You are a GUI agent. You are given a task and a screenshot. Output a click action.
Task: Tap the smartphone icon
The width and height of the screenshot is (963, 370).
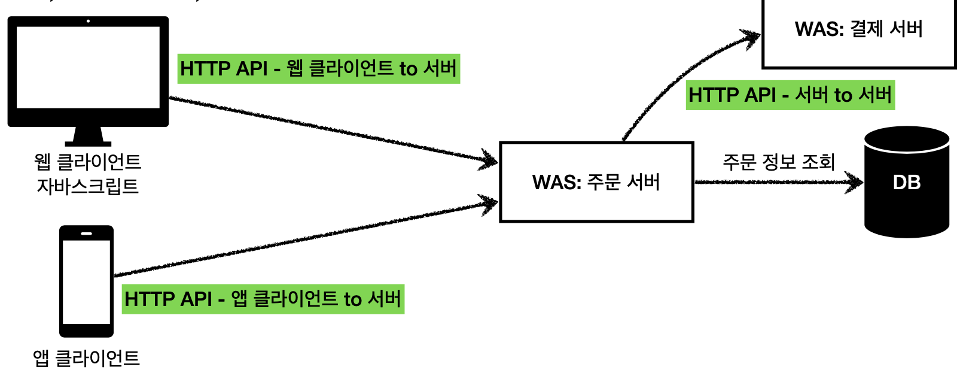tap(86, 281)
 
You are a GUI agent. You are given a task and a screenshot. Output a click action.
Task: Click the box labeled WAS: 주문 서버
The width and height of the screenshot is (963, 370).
tap(596, 182)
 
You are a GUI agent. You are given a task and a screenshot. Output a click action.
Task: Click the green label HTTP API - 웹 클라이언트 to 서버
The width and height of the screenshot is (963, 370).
tap(319, 68)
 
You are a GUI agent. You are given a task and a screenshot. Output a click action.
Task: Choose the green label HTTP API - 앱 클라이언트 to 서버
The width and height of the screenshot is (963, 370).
tap(263, 299)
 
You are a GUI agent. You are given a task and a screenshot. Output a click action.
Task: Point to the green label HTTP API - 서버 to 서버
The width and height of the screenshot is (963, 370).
tap(790, 95)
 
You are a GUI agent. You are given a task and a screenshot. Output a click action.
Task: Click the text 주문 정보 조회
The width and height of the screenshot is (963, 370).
tap(778, 162)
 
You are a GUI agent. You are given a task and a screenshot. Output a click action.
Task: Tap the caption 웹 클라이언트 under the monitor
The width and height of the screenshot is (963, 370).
tap(88, 162)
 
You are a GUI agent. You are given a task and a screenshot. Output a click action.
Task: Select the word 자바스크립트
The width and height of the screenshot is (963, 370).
tap(88, 187)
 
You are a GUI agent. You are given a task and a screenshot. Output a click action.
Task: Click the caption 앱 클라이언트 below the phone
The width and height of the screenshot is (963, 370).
tap(87, 358)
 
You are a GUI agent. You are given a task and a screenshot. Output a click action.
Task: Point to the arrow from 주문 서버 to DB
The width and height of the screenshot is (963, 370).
tap(778, 182)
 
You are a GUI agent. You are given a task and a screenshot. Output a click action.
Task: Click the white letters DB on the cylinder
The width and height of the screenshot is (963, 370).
tap(907, 183)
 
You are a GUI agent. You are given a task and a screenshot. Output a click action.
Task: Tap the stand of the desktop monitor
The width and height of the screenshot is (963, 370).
tap(88, 137)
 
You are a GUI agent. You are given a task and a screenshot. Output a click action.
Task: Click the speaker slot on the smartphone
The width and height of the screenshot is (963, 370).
tap(86, 233)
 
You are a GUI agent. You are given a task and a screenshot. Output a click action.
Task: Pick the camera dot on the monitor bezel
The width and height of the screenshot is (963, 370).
tap(88, 22)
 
